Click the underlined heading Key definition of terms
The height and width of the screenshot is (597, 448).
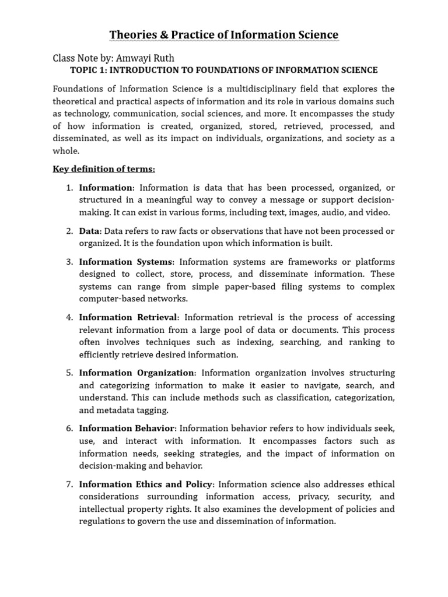104,169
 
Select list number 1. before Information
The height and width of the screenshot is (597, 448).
69,188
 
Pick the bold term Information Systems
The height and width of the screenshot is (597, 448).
125,262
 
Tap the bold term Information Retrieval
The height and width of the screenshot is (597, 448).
128,317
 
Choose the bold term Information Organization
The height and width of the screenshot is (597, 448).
136,373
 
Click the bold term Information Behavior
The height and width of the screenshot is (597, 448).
127,429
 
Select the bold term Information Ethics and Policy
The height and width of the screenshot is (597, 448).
146,484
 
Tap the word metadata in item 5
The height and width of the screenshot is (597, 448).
103,410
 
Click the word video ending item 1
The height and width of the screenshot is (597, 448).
378,212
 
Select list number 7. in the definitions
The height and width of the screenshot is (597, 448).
69,484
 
